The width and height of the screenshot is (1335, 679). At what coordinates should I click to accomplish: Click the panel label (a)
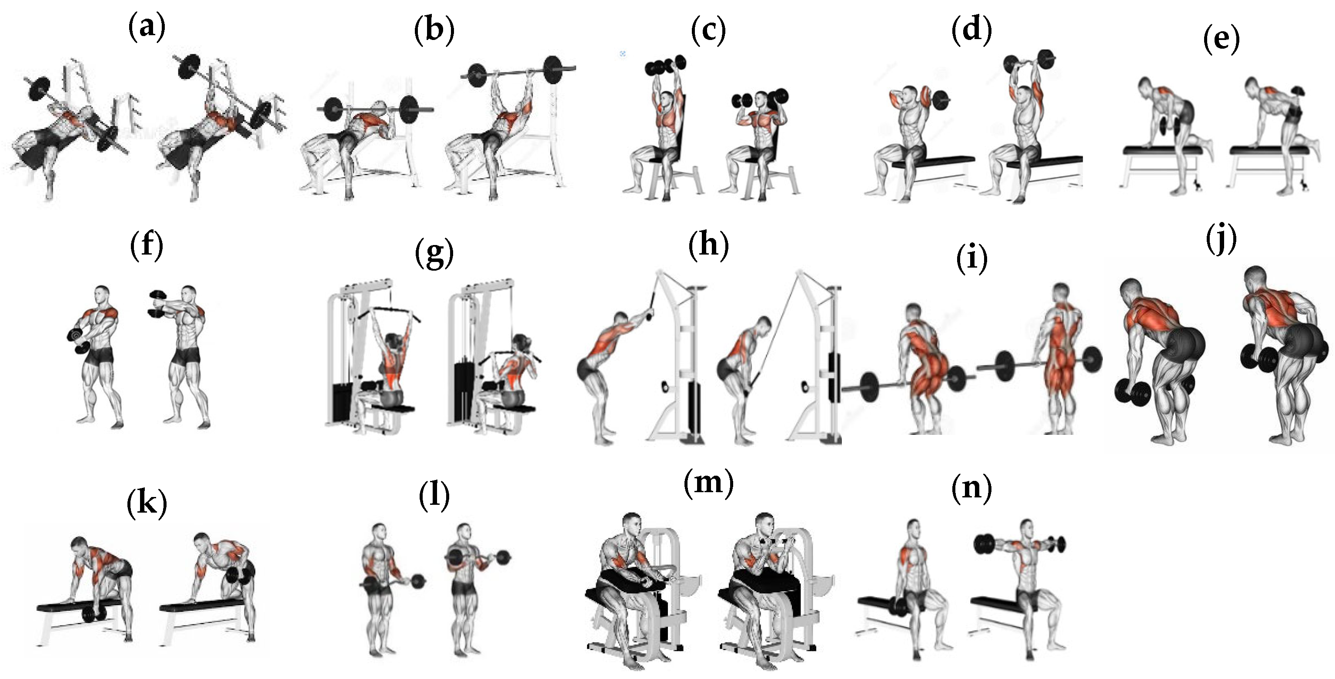click(x=147, y=27)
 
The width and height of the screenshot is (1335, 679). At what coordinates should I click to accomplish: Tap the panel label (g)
click(x=434, y=254)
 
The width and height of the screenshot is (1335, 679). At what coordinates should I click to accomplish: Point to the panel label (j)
click(x=1222, y=240)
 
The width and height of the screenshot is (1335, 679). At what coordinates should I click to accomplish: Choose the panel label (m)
click(x=708, y=483)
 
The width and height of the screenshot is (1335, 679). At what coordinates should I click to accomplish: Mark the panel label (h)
click(x=708, y=245)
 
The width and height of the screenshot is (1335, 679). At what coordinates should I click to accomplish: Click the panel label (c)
click(x=708, y=31)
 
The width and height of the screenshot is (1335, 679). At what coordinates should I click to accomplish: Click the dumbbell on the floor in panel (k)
click(x=94, y=614)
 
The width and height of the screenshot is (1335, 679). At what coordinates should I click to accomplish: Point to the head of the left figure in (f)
click(x=102, y=295)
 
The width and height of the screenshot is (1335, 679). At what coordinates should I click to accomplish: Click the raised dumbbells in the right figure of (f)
click(x=156, y=304)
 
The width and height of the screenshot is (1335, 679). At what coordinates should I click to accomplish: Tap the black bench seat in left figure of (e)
click(x=1162, y=150)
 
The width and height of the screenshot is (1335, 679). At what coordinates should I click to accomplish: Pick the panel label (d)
click(x=972, y=30)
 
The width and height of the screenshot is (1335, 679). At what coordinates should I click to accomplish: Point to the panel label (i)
click(x=972, y=259)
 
